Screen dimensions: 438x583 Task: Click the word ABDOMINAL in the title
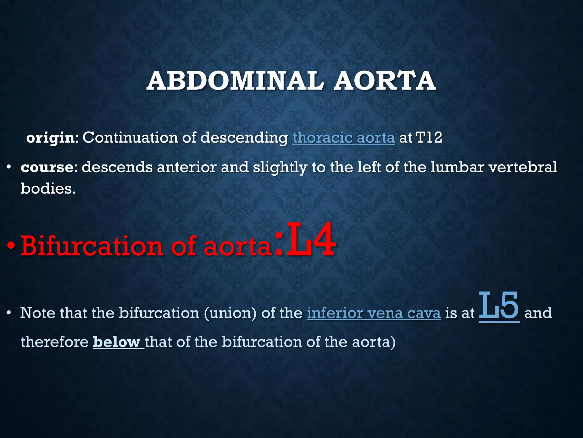pyautogui.click(x=235, y=81)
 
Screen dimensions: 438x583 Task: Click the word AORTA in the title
pyautogui.click(x=385, y=81)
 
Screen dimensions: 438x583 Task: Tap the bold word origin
pyautogui.click(x=50, y=138)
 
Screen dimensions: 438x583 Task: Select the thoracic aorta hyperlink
pyautogui.click(x=344, y=138)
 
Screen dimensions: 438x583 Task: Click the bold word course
pyautogui.click(x=47, y=167)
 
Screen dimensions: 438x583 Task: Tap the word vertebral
pyautogui.click(x=523, y=167)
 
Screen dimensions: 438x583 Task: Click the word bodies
pyautogui.click(x=48, y=188)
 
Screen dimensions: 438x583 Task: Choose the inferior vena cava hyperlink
pyautogui.click(x=374, y=313)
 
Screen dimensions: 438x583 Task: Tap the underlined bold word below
pyautogui.click(x=117, y=342)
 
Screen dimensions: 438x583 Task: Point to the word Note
pyautogui.click(x=38, y=313)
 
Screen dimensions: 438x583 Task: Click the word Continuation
pyautogui.click(x=130, y=138)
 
